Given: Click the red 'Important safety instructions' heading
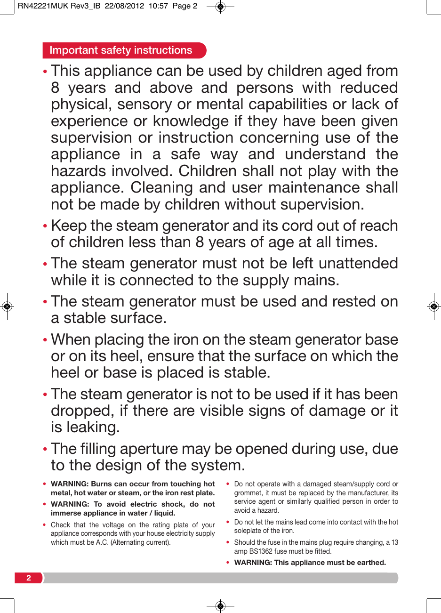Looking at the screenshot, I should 121,50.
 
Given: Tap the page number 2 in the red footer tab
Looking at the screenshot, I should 28,578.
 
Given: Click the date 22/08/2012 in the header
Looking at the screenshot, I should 123,6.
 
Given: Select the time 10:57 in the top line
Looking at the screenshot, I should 157,6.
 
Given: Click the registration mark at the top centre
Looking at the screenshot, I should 220,7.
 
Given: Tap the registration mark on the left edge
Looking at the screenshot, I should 7,306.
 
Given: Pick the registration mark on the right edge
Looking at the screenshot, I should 434,306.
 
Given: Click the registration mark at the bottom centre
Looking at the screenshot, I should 220,606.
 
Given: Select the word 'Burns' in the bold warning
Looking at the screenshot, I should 102,484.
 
